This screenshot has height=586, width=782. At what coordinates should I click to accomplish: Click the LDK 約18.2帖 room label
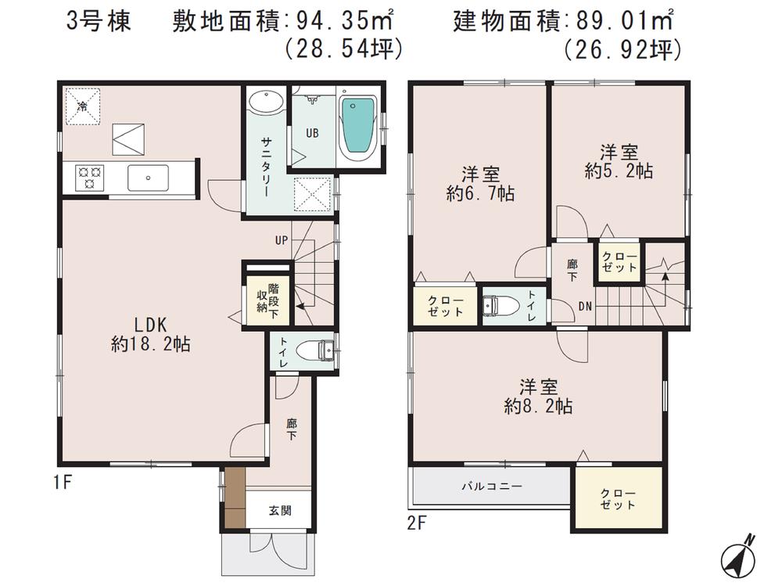pyautogui.click(x=152, y=333)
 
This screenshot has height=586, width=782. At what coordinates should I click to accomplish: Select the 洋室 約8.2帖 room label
pyautogui.click(x=538, y=396)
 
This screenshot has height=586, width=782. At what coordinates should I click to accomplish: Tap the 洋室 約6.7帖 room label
pyautogui.click(x=480, y=184)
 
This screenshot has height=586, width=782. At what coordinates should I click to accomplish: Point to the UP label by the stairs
pyautogui.click(x=281, y=240)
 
